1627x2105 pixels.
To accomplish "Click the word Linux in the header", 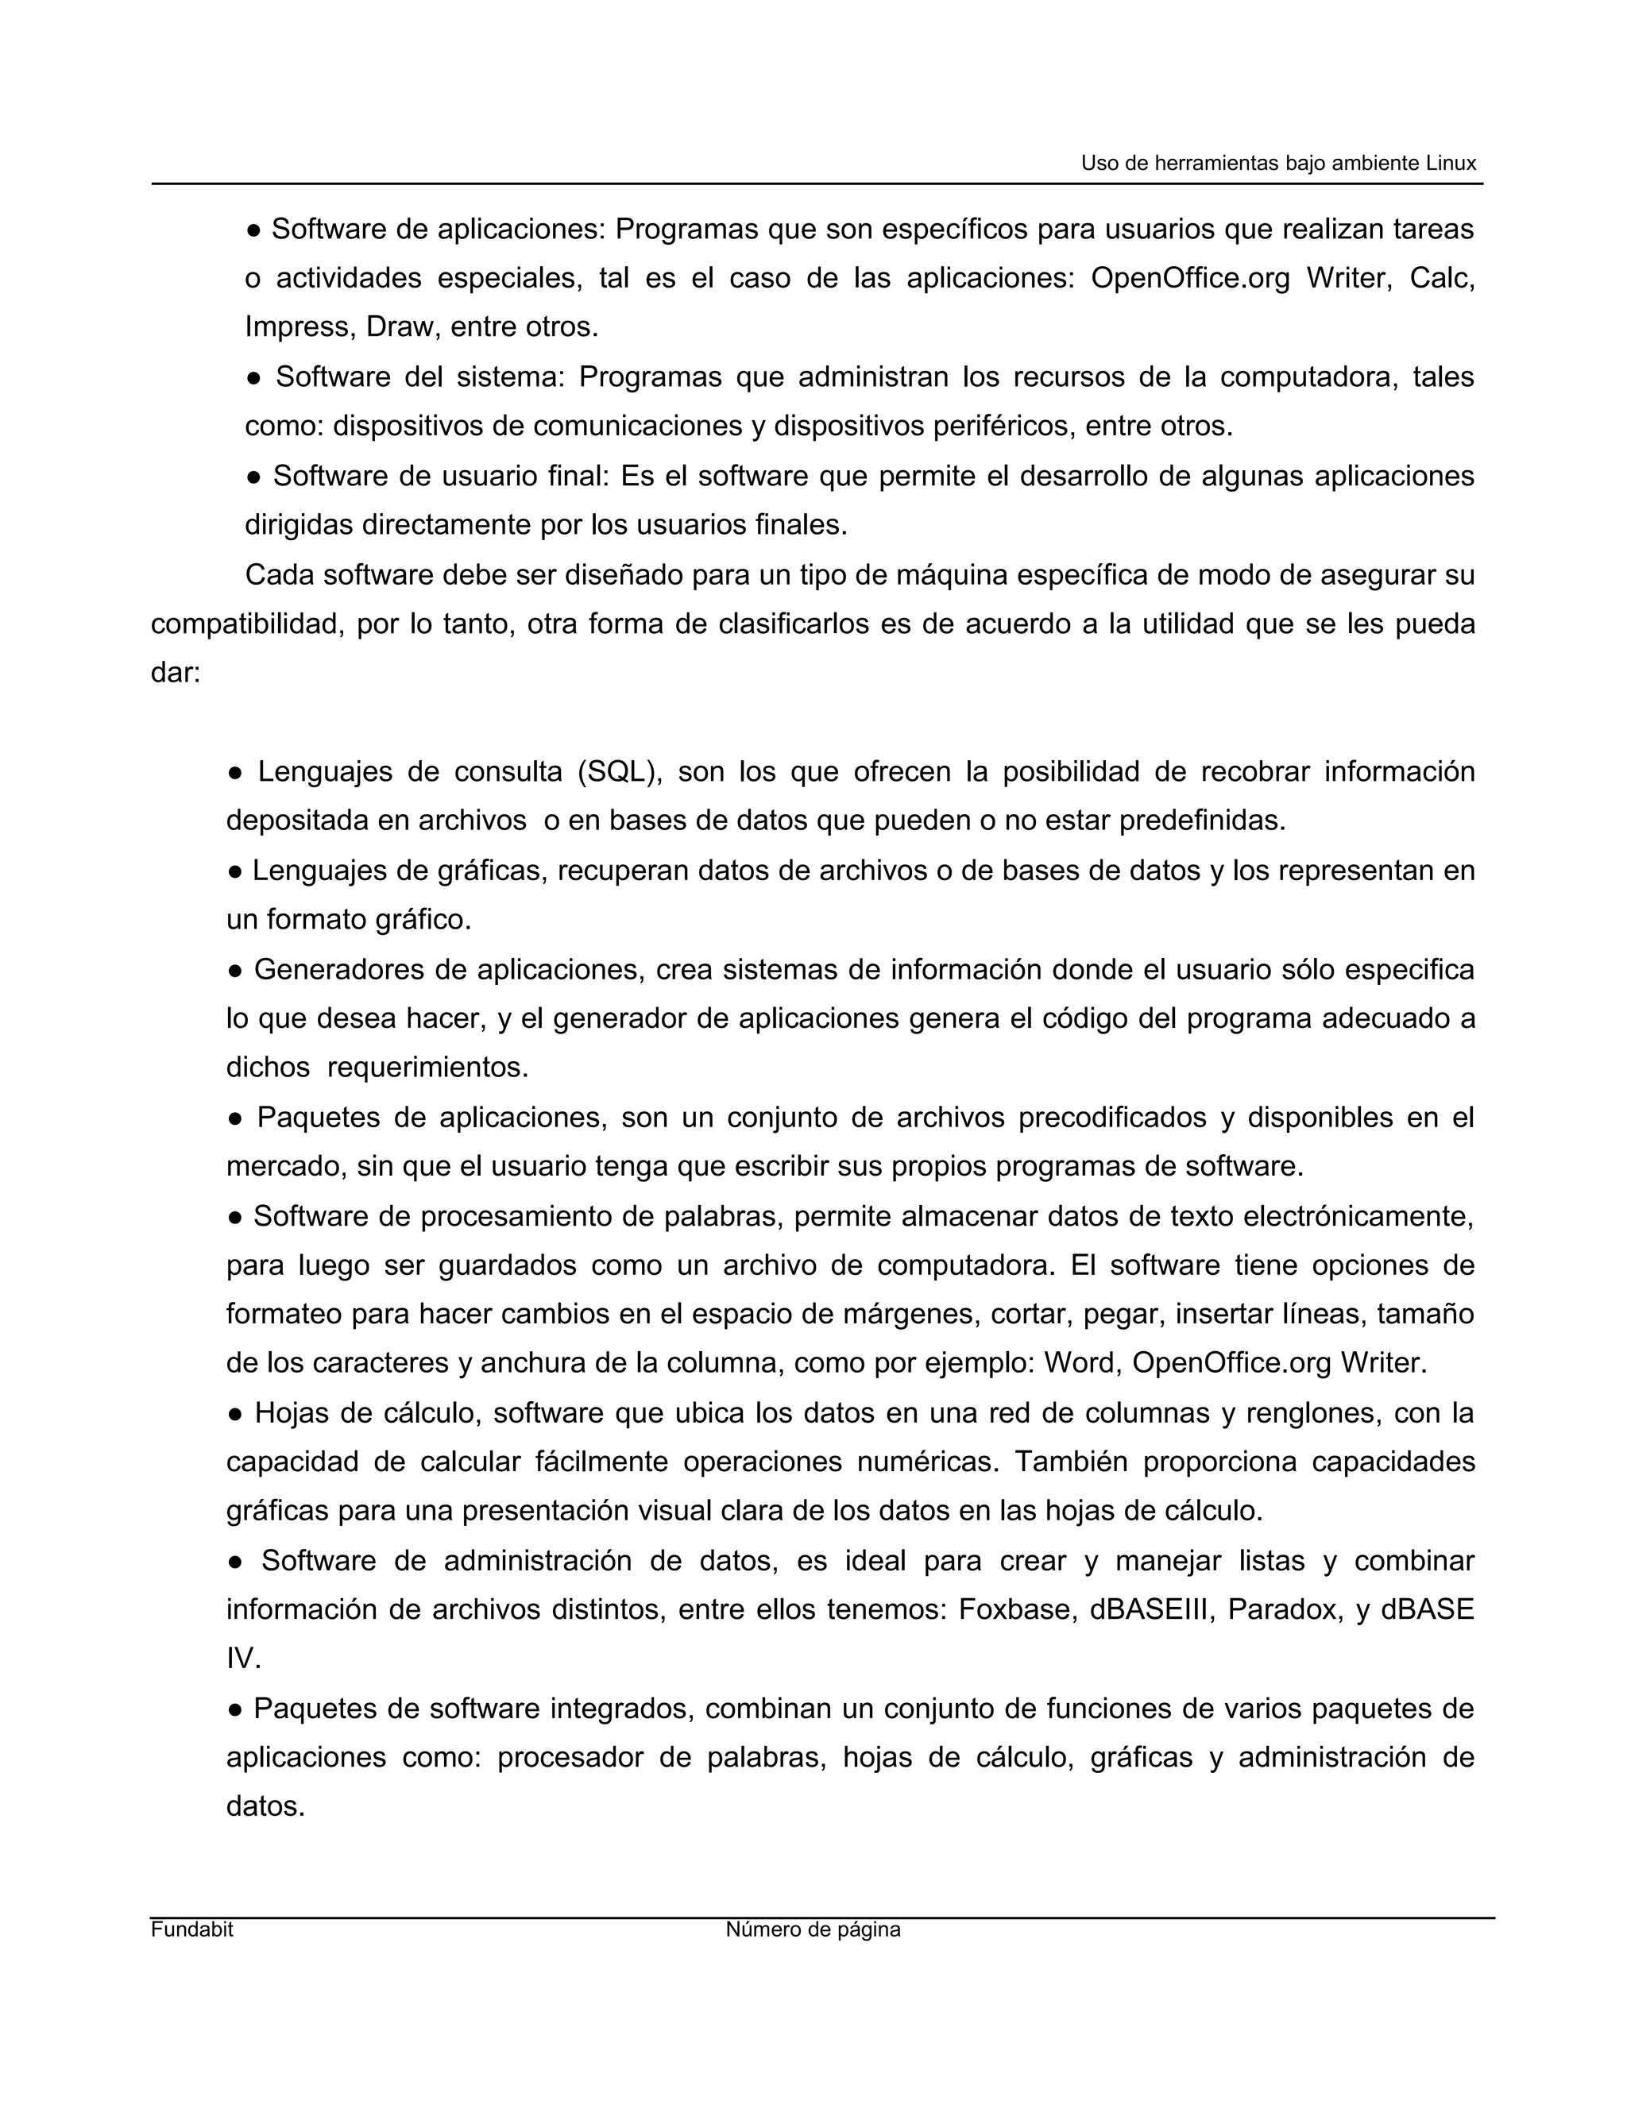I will pos(1451,163).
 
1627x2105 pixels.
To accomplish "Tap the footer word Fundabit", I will pos(191,1929).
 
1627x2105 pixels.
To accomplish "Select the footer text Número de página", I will pos(813,1929).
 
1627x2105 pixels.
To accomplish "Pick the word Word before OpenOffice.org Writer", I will pos(1080,1363).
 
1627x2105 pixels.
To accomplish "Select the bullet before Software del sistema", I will pos(253,377).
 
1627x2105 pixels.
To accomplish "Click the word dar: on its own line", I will pos(176,673).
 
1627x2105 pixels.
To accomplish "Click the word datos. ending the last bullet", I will pos(265,1806).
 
